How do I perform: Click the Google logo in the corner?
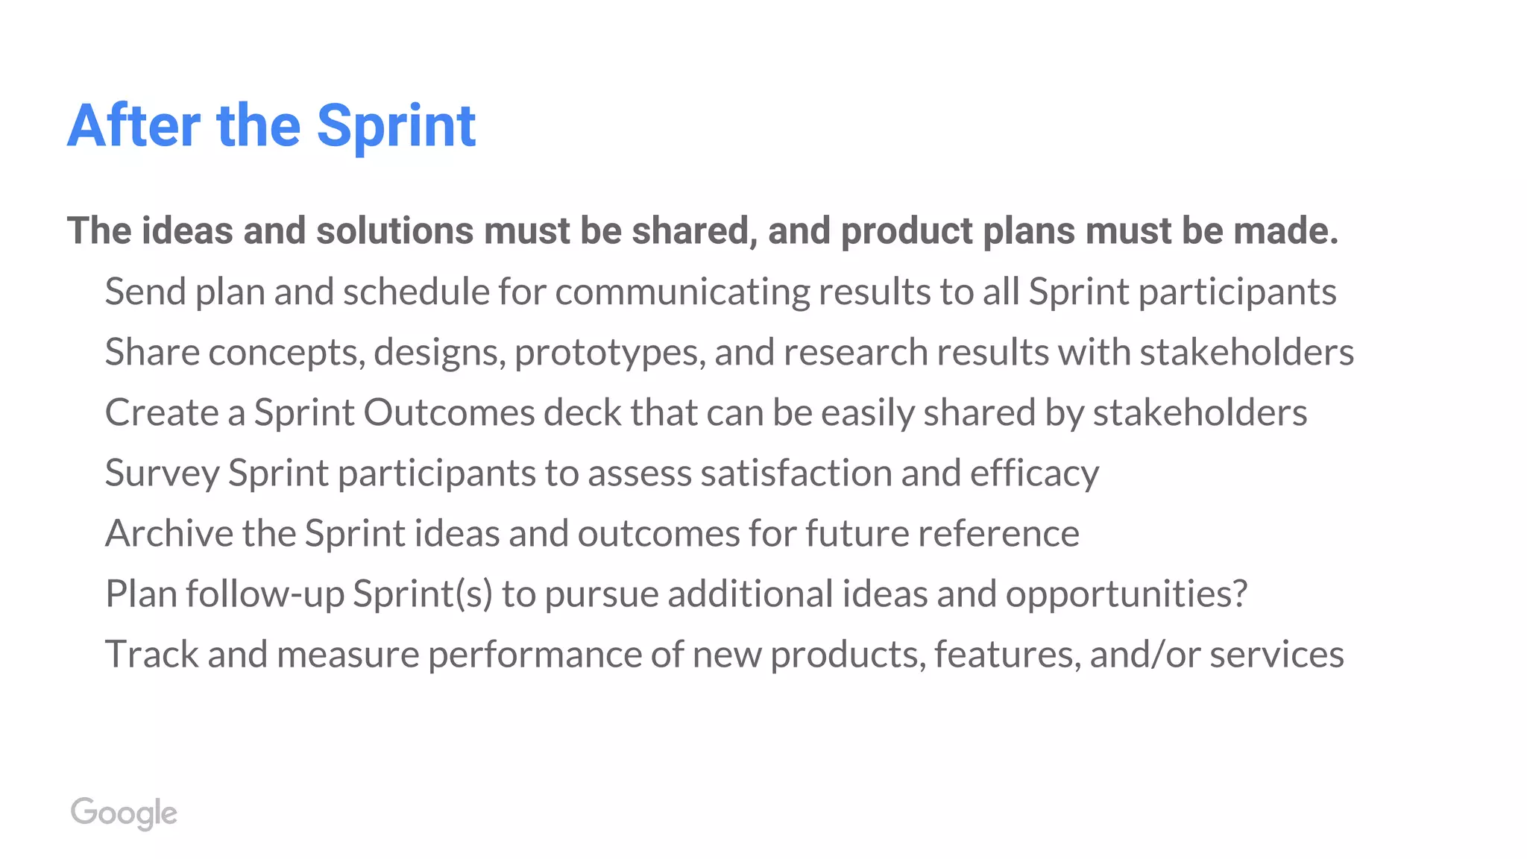(124, 813)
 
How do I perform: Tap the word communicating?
(682, 292)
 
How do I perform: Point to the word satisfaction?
(796, 473)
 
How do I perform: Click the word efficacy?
(1034, 473)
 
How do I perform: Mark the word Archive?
(169, 533)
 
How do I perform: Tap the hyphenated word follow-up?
(265, 594)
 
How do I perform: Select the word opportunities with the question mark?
(1126, 594)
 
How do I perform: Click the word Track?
(152, 654)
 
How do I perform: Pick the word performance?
(535, 655)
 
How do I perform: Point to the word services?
(1276, 654)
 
